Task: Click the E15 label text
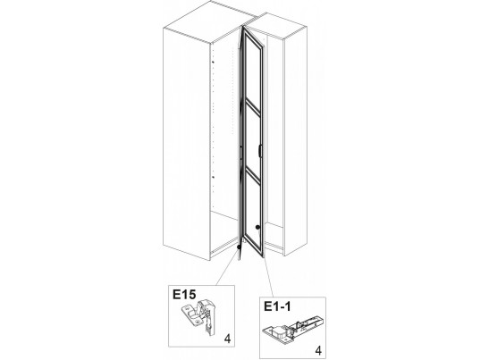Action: pos(184,294)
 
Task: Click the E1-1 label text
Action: pos(277,306)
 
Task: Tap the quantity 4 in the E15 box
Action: pos(228,339)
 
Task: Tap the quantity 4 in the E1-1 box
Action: pos(318,351)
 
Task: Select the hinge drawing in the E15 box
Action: pos(198,316)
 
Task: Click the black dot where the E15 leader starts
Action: pos(240,247)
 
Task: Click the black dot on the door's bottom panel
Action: pos(257,227)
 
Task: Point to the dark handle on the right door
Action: pos(260,150)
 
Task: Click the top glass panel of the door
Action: pos(253,71)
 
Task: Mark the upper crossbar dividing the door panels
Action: pos(253,106)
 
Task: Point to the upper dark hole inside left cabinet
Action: pos(213,63)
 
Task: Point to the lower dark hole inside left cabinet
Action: pos(214,177)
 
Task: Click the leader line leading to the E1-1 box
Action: pos(268,277)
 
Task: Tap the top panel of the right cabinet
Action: pos(274,26)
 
